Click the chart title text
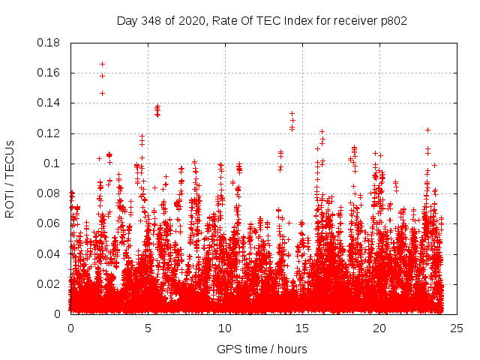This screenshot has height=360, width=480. tap(262, 20)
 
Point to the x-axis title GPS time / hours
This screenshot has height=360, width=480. tap(262, 349)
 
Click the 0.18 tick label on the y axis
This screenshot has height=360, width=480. tap(49, 43)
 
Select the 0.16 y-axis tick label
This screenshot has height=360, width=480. tap(49, 73)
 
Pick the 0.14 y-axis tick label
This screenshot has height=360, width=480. tap(49, 103)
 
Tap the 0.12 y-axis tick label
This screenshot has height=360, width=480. tap(49, 133)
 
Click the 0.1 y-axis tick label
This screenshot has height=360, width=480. tap(52, 163)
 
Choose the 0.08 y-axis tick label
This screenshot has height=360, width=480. tap(49, 193)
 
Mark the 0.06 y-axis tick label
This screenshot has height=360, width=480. tap(49, 223)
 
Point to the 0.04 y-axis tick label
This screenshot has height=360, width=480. tap(49, 253)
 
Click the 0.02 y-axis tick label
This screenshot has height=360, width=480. tap(49, 283)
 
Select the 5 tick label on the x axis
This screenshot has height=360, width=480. tap(148, 328)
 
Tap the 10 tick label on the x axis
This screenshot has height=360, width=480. tap(225, 328)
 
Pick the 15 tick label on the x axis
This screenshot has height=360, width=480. tap(302, 328)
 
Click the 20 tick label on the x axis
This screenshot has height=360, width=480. tap(379, 328)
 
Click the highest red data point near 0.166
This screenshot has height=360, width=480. tap(102, 64)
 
